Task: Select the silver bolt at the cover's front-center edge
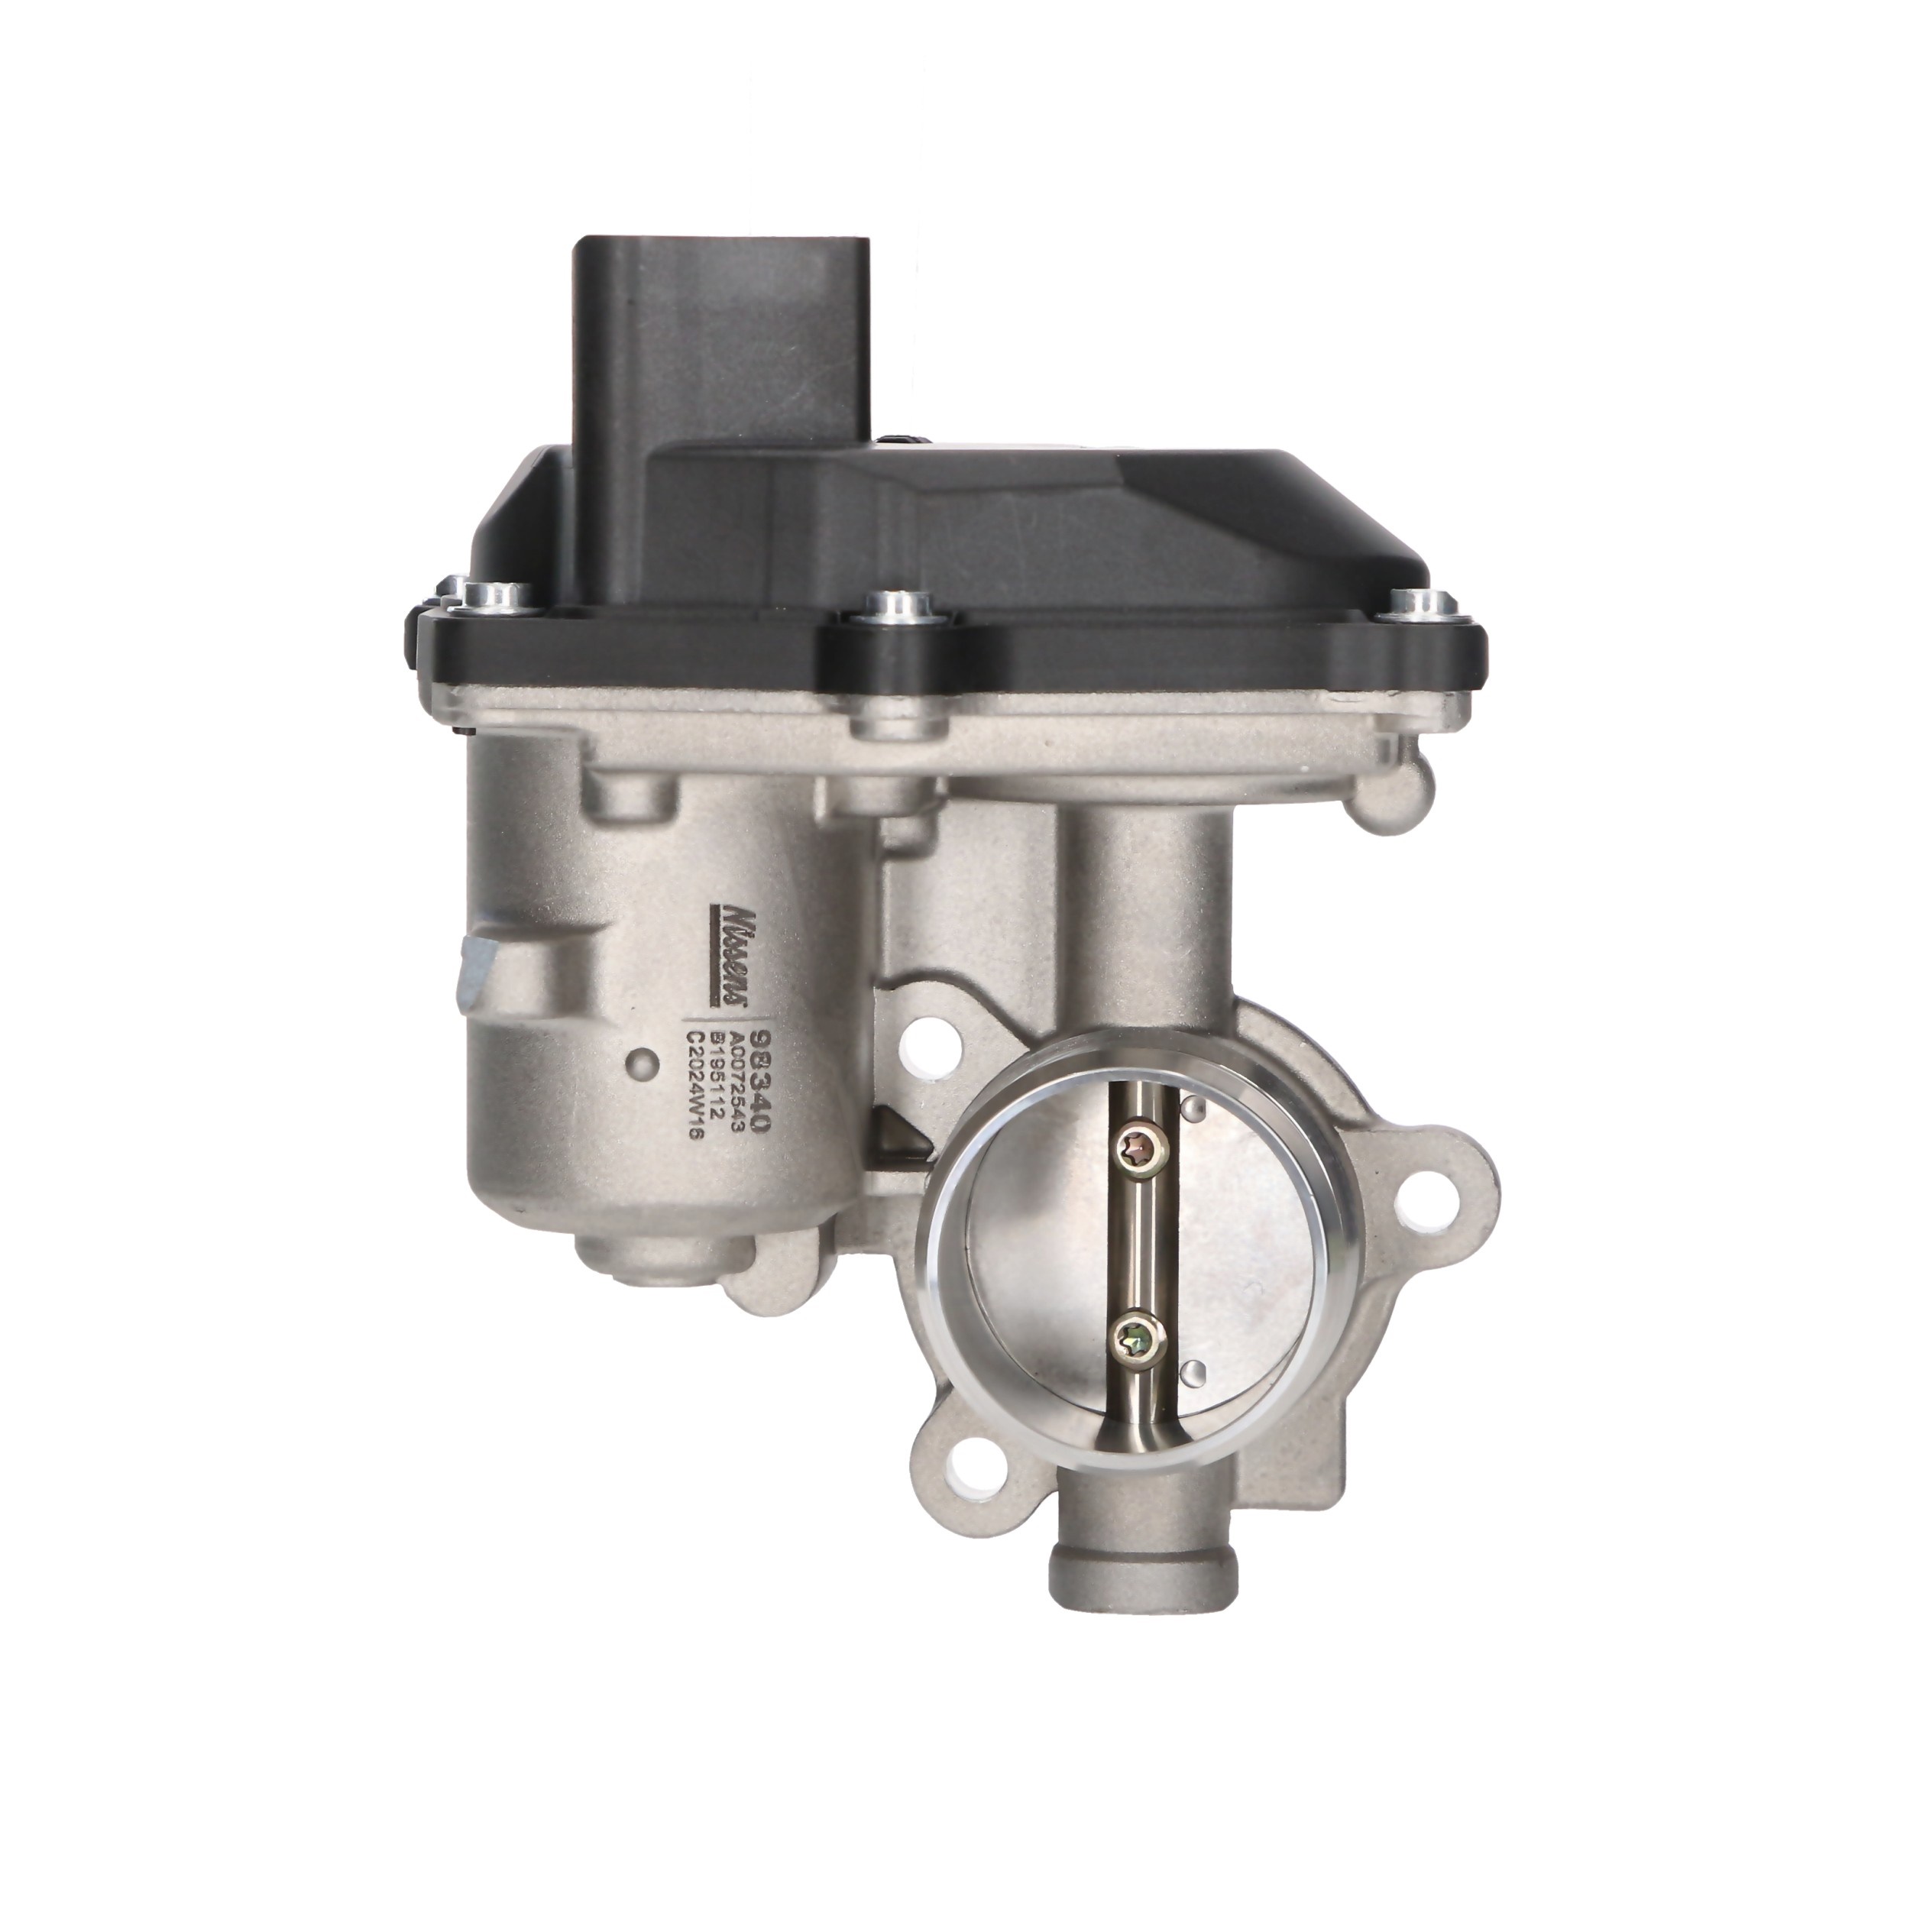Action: tap(892, 606)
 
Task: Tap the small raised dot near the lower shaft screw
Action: tap(1196, 1370)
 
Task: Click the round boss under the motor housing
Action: tap(652, 1268)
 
